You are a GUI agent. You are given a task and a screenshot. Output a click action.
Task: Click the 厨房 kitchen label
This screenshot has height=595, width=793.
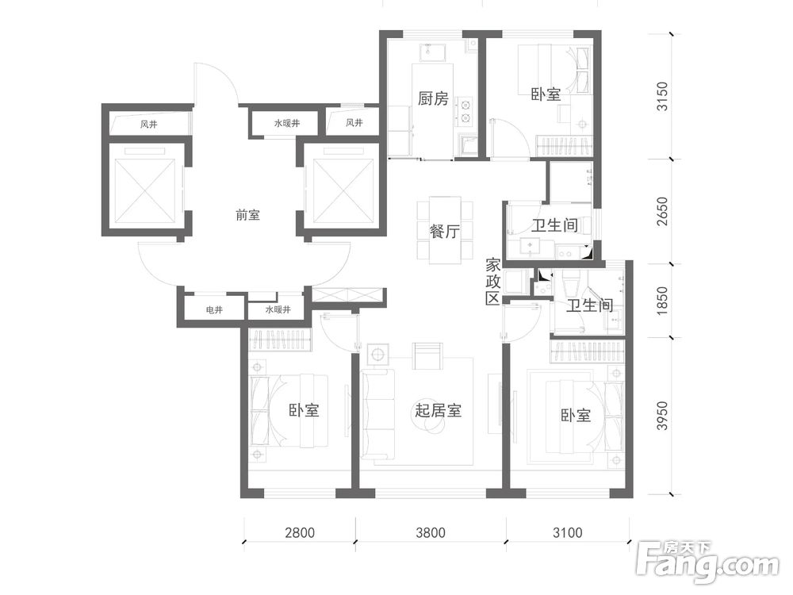click(434, 98)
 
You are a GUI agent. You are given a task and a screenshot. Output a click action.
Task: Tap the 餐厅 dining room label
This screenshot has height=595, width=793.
click(445, 232)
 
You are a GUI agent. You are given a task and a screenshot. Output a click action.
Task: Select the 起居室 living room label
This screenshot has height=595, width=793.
click(439, 410)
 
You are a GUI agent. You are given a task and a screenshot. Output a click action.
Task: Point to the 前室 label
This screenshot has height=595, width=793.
click(247, 216)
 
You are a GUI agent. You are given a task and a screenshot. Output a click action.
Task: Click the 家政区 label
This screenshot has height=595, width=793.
click(492, 282)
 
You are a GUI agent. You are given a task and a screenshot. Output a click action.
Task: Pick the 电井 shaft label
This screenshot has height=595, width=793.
click(214, 309)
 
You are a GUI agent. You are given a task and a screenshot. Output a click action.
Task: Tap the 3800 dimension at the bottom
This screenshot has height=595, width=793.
click(431, 533)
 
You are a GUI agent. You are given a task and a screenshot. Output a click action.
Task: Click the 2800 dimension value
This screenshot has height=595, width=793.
click(300, 533)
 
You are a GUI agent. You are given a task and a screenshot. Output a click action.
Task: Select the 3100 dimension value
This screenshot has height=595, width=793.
click(568, 533)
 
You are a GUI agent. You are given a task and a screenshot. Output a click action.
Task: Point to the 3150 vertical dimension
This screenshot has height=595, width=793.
click(661, 96)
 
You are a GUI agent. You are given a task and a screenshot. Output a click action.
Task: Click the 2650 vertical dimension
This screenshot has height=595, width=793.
click(661, 212)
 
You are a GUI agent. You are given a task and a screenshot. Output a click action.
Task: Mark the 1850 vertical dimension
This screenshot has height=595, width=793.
click(661, 301)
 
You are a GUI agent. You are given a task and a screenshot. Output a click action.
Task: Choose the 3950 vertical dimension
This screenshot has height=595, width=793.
click(661, 416)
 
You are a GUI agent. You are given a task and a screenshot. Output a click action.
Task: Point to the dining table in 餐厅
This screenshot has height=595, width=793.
click(445, 230)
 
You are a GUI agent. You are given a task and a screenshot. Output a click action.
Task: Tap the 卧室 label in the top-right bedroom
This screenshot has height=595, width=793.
click(546, 94)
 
